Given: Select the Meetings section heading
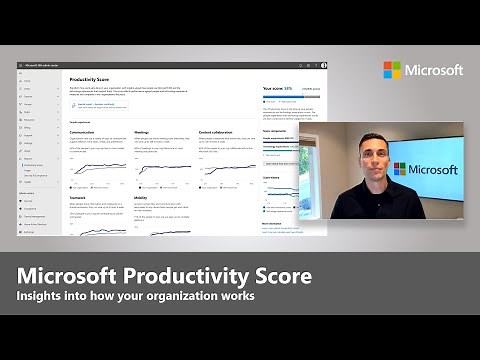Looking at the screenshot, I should coord(144,131).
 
